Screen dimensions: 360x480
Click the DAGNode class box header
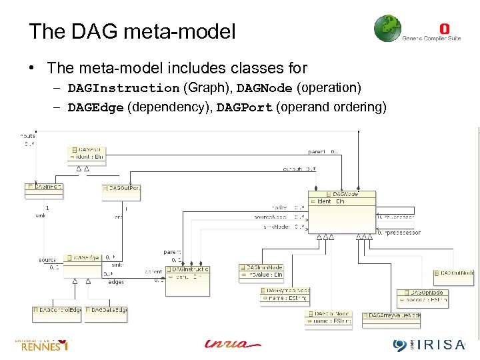click(x=342, y=194)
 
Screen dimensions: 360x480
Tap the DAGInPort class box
click(x=43, y=191)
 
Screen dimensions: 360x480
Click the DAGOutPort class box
click(x=121, y=192)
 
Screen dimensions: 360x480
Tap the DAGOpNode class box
click(x=422, y=297)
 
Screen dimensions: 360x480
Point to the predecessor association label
click(x=401, y=233)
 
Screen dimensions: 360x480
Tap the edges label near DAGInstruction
click(x=116, y=282)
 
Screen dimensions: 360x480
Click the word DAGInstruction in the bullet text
click(x=123, y=88)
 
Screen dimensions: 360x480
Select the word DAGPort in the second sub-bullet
click(x=245, y=108)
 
